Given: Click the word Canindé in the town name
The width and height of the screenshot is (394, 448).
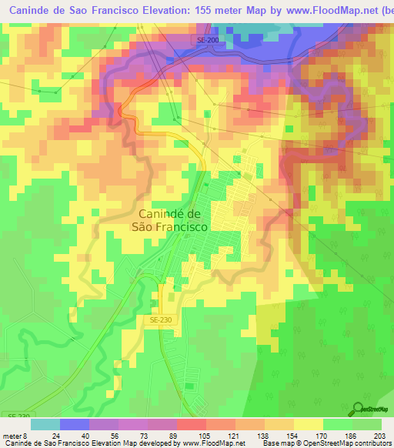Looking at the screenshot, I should [x=170, y=214].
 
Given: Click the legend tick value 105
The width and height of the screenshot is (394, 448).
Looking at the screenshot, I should [x=206, y=436].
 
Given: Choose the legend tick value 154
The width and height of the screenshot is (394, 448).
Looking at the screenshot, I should [x=294, y=436].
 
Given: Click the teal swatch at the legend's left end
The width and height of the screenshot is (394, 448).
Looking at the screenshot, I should [x=45, y=424].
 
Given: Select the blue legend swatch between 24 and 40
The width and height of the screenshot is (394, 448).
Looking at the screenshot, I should [x=75, y=424].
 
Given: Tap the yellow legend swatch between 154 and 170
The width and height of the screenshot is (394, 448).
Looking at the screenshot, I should [x=309, y=424].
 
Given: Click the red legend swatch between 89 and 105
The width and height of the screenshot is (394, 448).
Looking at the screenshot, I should [x=192, y=424].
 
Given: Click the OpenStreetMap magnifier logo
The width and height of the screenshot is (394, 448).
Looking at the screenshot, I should [x=359, y=408].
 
